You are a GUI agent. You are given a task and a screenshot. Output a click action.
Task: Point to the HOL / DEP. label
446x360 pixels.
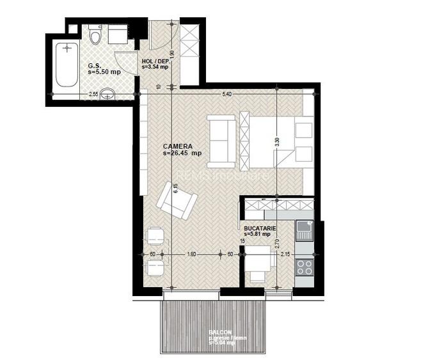click(x=155, y=61)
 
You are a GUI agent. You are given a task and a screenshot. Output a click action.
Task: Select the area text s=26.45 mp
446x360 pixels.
click(x=182, y=153)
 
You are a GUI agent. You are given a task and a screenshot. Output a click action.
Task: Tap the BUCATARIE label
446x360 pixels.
click(x=260, y=228)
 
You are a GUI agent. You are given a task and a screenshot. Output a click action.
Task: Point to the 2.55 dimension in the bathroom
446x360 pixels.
click(x=93, y=94)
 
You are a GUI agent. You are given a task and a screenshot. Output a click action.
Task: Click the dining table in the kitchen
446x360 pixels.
click(x=260, y=261)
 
